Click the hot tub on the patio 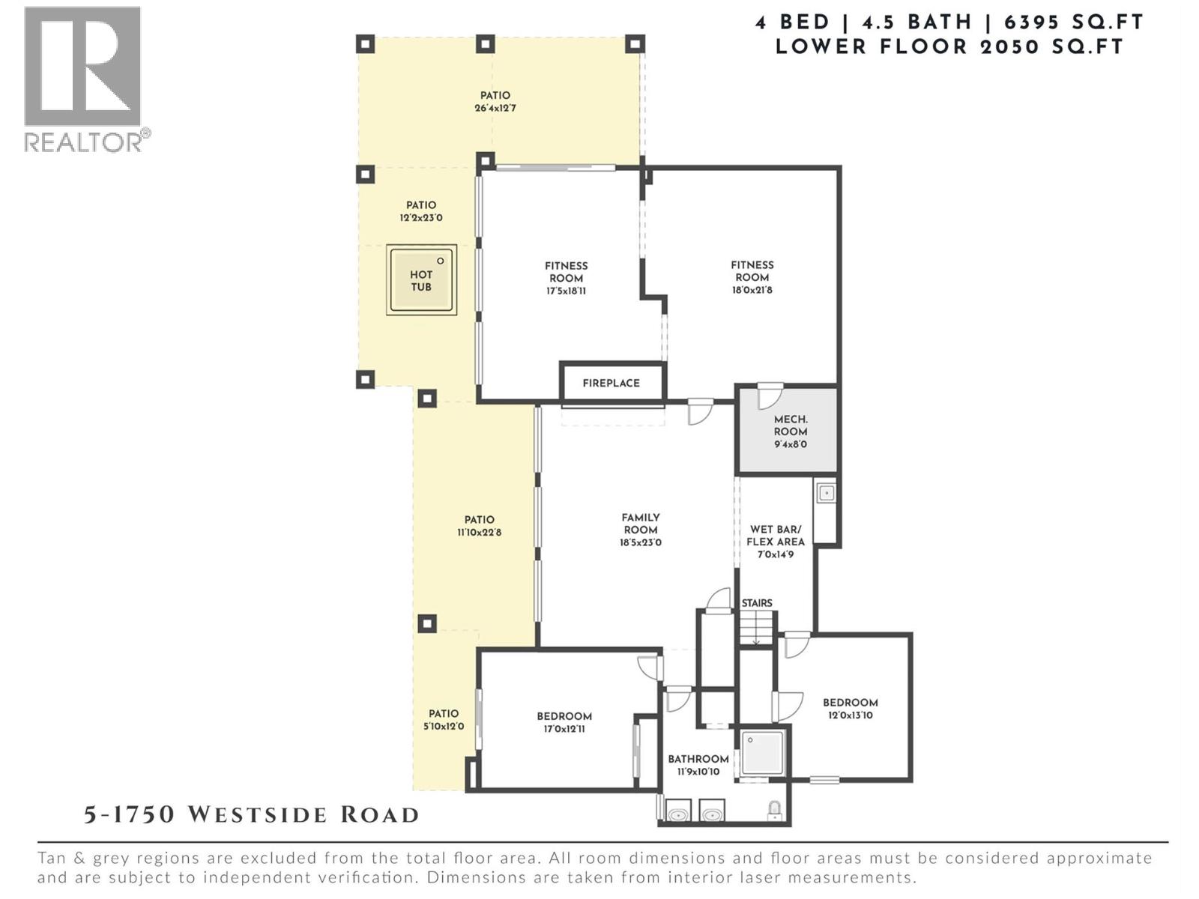[421, 280]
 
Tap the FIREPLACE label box [611, 383]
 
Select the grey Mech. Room [788, 432]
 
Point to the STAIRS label [756, 603]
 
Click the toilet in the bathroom [775, 810]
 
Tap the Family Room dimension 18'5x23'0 [640, 542]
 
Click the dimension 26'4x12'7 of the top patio [495, 108]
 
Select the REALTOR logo [83, 78]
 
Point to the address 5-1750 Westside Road [251, 815]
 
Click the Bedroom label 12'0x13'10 [850, 709]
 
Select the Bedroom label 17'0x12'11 [564, 722]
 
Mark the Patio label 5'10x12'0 [444, 720]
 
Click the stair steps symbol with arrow [756, 628]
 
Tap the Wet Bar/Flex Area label [775, 541]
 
